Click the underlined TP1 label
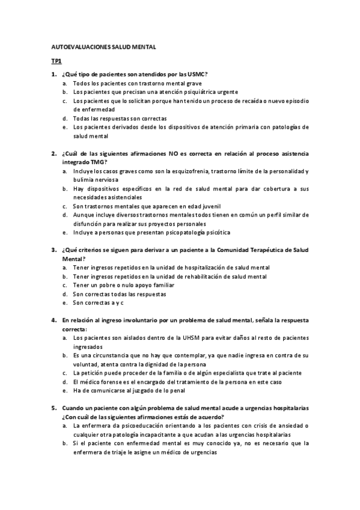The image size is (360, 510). pyautogui.click(x=55, y=61)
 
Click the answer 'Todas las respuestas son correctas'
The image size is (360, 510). pyautogui.click(x=120, y=118)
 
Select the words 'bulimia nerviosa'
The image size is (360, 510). pyautogui.click(x=96, y=180)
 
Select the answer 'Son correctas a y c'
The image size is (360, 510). pyautogui.click(x=99, y=303)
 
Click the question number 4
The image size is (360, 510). pyautogui.click(x=53, y=320)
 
